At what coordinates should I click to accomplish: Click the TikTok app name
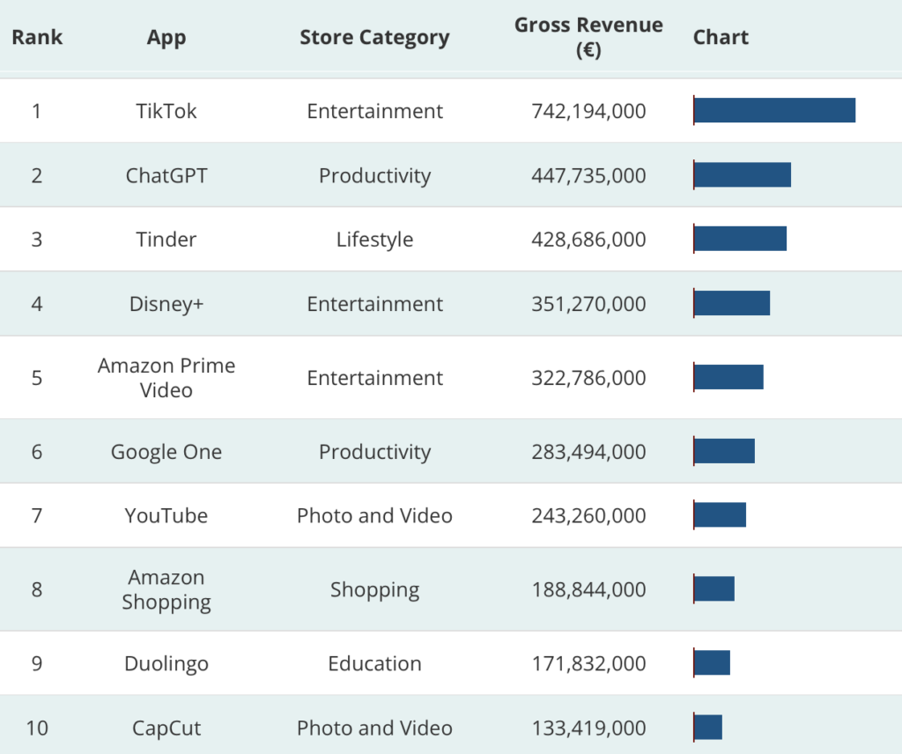click(x=166, y=111)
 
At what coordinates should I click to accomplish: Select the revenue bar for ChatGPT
click(x=743, y=174)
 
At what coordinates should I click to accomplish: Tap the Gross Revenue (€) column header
click(x=588, y=37)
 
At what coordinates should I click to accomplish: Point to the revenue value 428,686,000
click(x=588, y=240)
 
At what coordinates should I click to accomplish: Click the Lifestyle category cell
click(x=374, y=240)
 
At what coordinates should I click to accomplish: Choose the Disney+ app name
click(x=166, y=304)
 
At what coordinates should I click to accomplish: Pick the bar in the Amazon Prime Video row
click(x=728, y=377)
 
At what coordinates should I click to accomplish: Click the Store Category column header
click(x=374, y=37)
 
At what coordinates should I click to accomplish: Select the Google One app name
click(x=166, y=452)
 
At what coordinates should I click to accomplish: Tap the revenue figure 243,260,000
click(x=588, y=515)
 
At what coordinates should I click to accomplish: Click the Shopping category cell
click(x=374, y=589)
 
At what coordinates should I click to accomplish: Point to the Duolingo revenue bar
click(x=712, y=662)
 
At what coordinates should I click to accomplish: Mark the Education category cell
click(x=374, y=663)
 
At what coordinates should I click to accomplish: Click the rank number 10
click(x=36, y=728)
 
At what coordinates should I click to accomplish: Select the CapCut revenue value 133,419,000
click(x=588, y=728)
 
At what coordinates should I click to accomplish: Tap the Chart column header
click(x=721, y=37)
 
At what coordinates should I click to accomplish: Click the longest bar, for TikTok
click(x=774, y=110)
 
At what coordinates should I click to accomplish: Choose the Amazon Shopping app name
click(x=166, y=589)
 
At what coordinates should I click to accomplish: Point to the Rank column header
click(x=37, y=37)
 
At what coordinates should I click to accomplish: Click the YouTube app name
click(x=166, y=515)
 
